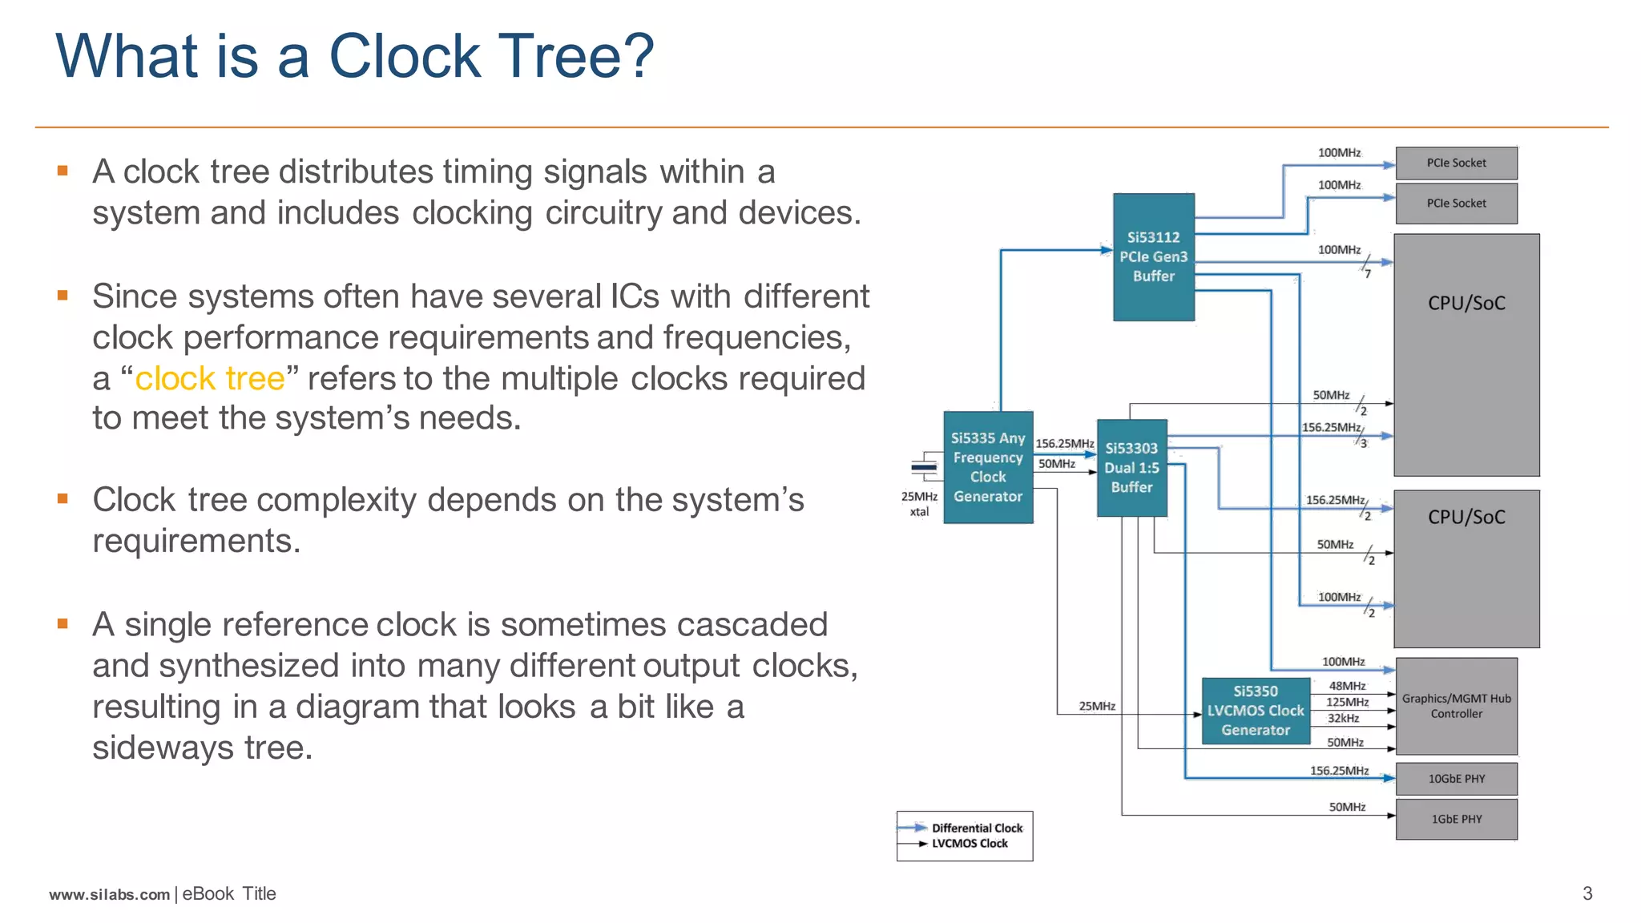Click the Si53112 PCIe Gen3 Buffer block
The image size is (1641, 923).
(x=1154, y=257)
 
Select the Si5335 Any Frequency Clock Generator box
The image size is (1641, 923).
(x=988, y=468)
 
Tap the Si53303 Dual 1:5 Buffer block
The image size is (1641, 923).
(x=1131, y=468)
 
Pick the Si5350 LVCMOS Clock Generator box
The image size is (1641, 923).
(x=1256, y=711)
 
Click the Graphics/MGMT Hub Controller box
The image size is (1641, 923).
(x=1457, y=706)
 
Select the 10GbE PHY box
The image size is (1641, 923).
(x=1457, y=779)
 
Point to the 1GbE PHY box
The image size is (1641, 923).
(x=1457, y=819)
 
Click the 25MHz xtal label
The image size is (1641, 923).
(x=919, y=504)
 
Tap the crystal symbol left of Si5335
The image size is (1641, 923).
(x=924, y=467)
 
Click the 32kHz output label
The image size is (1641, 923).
(x=1343, y=719)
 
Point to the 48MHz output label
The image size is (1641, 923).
(x=1347, y=686)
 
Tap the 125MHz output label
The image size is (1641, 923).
(x=1347, y=702)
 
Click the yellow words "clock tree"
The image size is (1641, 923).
(x=210, y=378)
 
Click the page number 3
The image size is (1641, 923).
(x=1587, y=893)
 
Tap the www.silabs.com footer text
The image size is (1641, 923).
(x=110, y=894)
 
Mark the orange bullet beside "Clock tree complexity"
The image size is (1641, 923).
(x=62, y=498)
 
